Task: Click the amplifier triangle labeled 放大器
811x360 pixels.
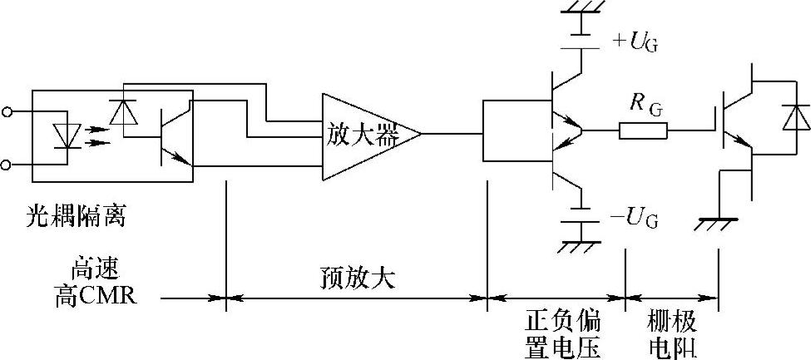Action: point(366,134)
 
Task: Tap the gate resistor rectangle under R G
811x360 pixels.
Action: point(642,131)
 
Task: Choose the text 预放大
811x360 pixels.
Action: point(357,277)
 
